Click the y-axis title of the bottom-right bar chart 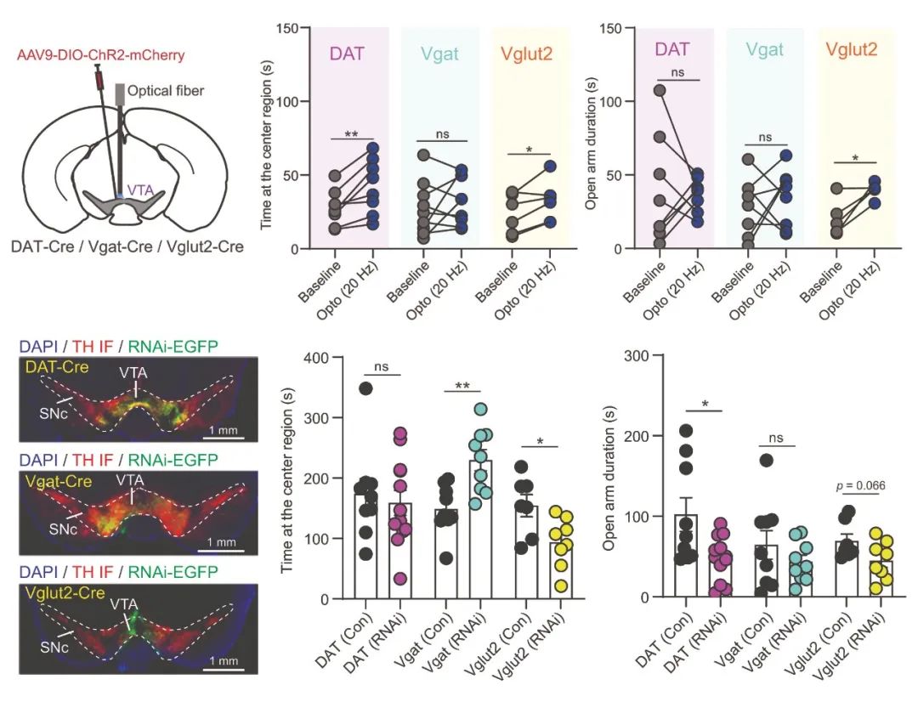tap(609, 476)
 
